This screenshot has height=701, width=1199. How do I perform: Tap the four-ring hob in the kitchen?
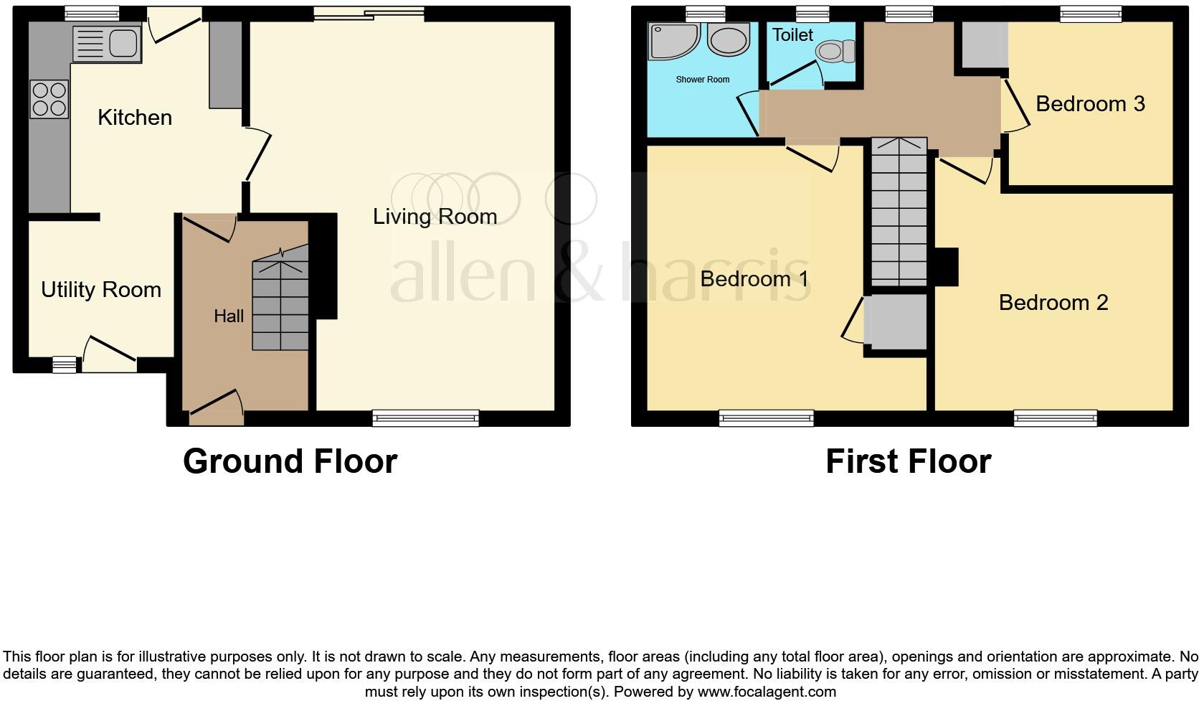click(x=49, y=99)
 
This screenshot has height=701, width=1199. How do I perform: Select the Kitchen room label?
click(x=135, y=118)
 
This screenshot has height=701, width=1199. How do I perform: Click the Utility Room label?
click(x=101, y=290)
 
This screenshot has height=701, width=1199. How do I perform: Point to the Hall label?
click(x=229, y=316)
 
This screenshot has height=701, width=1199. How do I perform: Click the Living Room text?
click(x=435, y=217)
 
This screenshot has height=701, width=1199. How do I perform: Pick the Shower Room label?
click(x=702, y=80)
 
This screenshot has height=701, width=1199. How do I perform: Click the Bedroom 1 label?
click(x=754, y=278)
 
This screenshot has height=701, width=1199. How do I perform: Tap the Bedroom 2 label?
click(x=1053, y=303)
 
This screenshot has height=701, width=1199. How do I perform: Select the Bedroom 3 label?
click(x=1090, y=104)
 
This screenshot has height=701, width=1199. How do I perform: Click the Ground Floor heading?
click(x=290, y=461)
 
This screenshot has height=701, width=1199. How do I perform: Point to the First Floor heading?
click(x=908, y=461)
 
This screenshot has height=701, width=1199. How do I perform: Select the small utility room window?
click(x=64, y=365)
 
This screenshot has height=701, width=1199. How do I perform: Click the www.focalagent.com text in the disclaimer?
click(x=767, y=692)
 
